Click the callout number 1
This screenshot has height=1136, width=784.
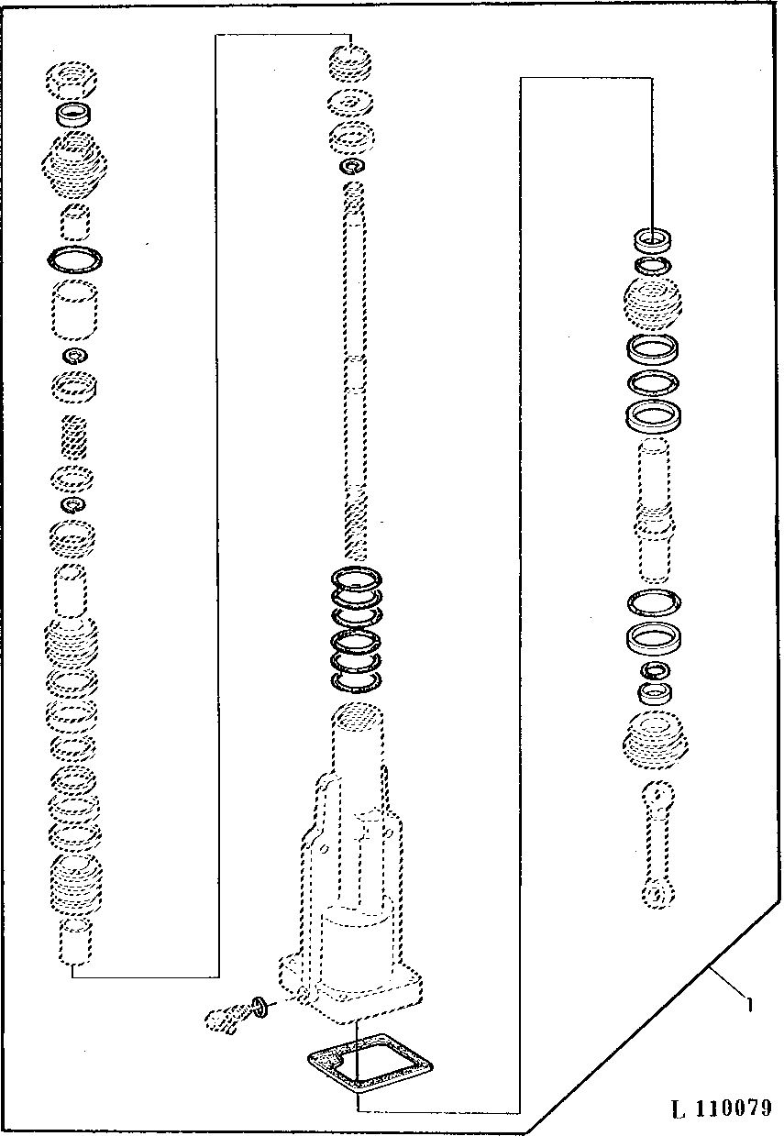pyautogui.click(x=748, y=1004)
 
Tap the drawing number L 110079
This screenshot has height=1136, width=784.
pyautogui.click(x=721, y=1108)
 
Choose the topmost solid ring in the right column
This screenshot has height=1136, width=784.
pyautogui.click(x=653, y=239)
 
